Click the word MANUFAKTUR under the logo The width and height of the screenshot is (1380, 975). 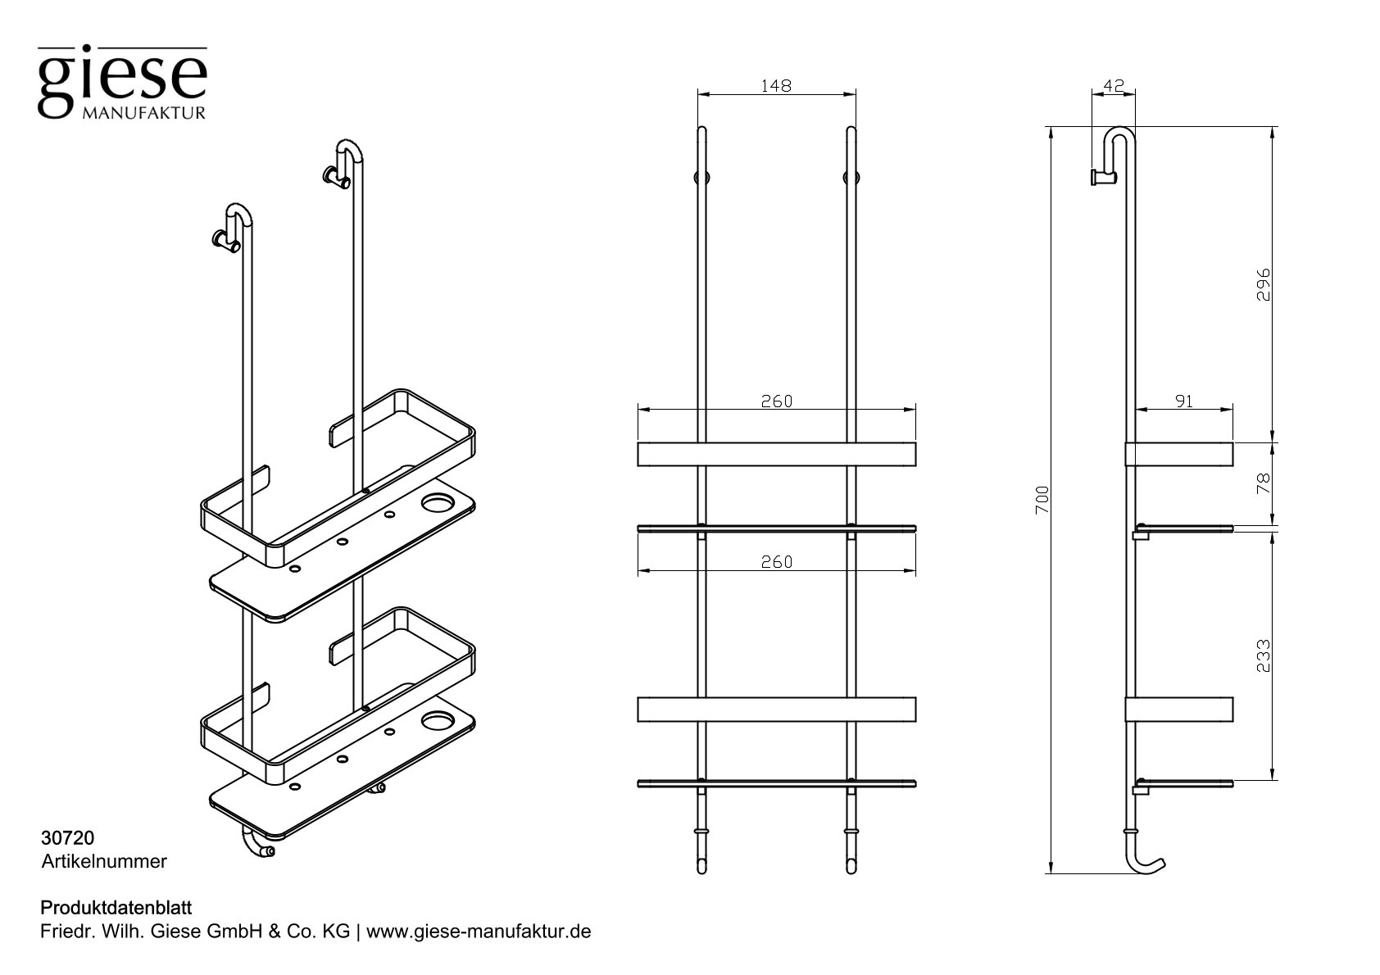pos(143,113)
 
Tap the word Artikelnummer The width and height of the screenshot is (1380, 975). pos(104,861)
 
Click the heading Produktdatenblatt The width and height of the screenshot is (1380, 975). pos(116,908)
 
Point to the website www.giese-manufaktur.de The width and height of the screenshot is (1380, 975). pos(479,932)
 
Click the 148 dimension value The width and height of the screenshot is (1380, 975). pos(775,85)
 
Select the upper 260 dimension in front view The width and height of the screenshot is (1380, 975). pos(776,401)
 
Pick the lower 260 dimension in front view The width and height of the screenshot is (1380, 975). pos(776,562)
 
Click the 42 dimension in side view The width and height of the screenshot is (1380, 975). pos(1112,85)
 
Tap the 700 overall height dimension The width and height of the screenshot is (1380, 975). pos(1042,500)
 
